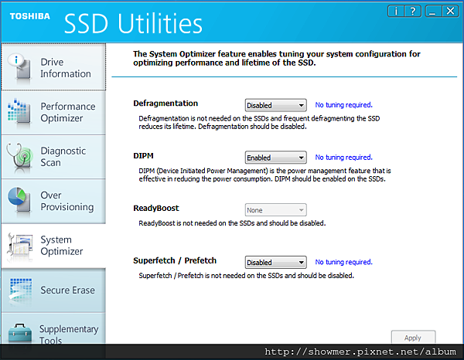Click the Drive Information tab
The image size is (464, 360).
click(x=53, y=67)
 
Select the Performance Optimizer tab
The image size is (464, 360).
click(x=53, y=113)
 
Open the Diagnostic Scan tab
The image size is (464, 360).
click(x=53, y=157)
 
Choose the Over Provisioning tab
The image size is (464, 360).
click(x=53, y=201)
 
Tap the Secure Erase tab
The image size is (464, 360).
click(x=53, y=290)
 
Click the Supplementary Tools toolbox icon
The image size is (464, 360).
click(x=20, y=334)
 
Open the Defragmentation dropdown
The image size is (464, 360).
click(x=275, y=105)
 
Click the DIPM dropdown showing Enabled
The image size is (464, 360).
click(x=275, y=158)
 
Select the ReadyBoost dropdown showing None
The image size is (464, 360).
click(x=275, y=210)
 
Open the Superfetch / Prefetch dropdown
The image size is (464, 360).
click(x=275, y=262)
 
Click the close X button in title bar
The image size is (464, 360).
click(x=450, y=12)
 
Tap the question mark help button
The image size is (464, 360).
click(x=412, y=12)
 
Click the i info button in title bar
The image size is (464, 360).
click(x=396, y=12)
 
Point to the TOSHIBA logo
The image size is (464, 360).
click(x=30, y=16)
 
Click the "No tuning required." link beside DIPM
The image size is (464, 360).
click(x=343, y=158)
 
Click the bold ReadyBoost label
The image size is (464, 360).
click(x=156, y=208)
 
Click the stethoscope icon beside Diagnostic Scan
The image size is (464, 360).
click(x=19, y=158)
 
